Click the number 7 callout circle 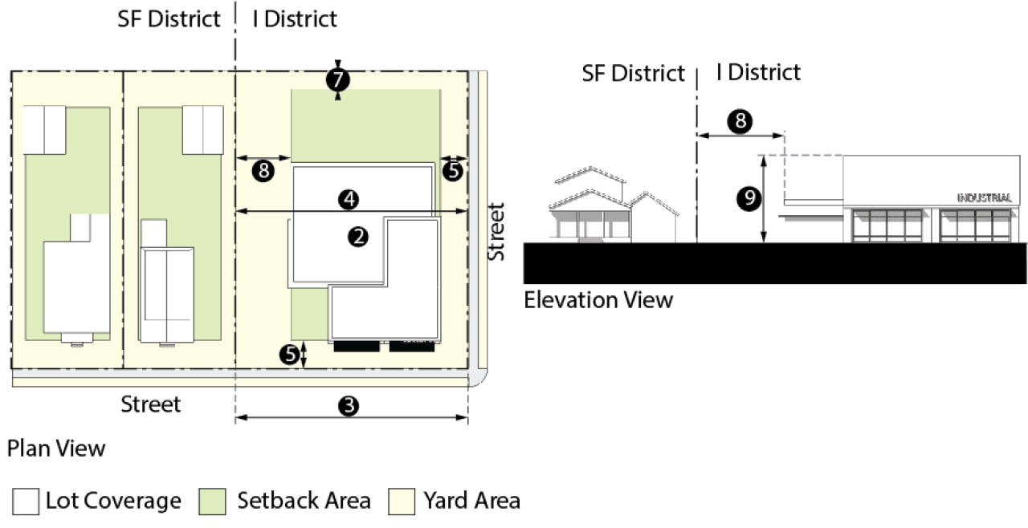click(338, 79)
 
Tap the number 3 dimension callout click(348, 407)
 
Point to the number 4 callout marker click(348, 199)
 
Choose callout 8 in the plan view click(262, 169)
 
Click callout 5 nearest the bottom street click(290, 354)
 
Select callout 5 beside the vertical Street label click(453, 169)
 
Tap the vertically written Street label click(496, 231)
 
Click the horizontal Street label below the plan click(151, 404)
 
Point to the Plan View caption click(56, 448)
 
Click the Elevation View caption click(598, 301)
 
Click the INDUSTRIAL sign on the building click(984, 197)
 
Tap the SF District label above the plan click(169, 19)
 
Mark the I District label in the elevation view click(758, 72)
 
